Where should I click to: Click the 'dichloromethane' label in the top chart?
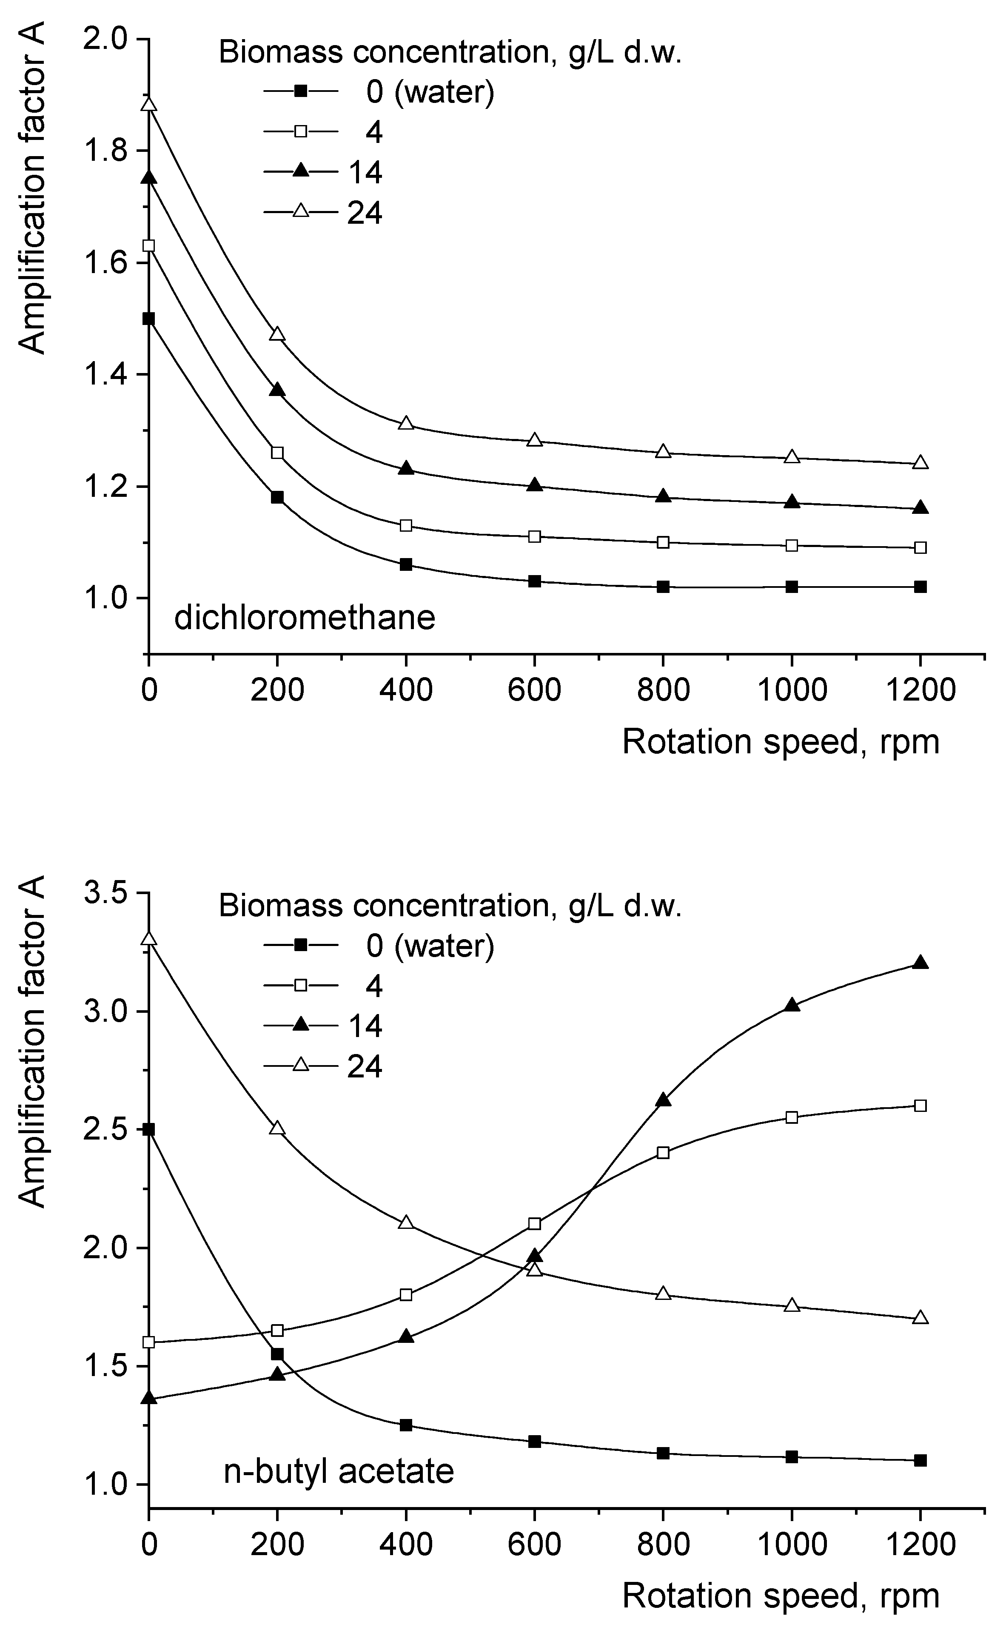click(305, 618)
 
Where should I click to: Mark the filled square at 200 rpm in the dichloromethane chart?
click(277, 497)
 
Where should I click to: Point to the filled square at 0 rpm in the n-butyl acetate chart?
click(149, 1129)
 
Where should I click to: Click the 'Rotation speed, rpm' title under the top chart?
click(781, 742)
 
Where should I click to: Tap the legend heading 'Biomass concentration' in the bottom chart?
click(450, 906)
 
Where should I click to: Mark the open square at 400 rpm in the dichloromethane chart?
click(406, 525)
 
